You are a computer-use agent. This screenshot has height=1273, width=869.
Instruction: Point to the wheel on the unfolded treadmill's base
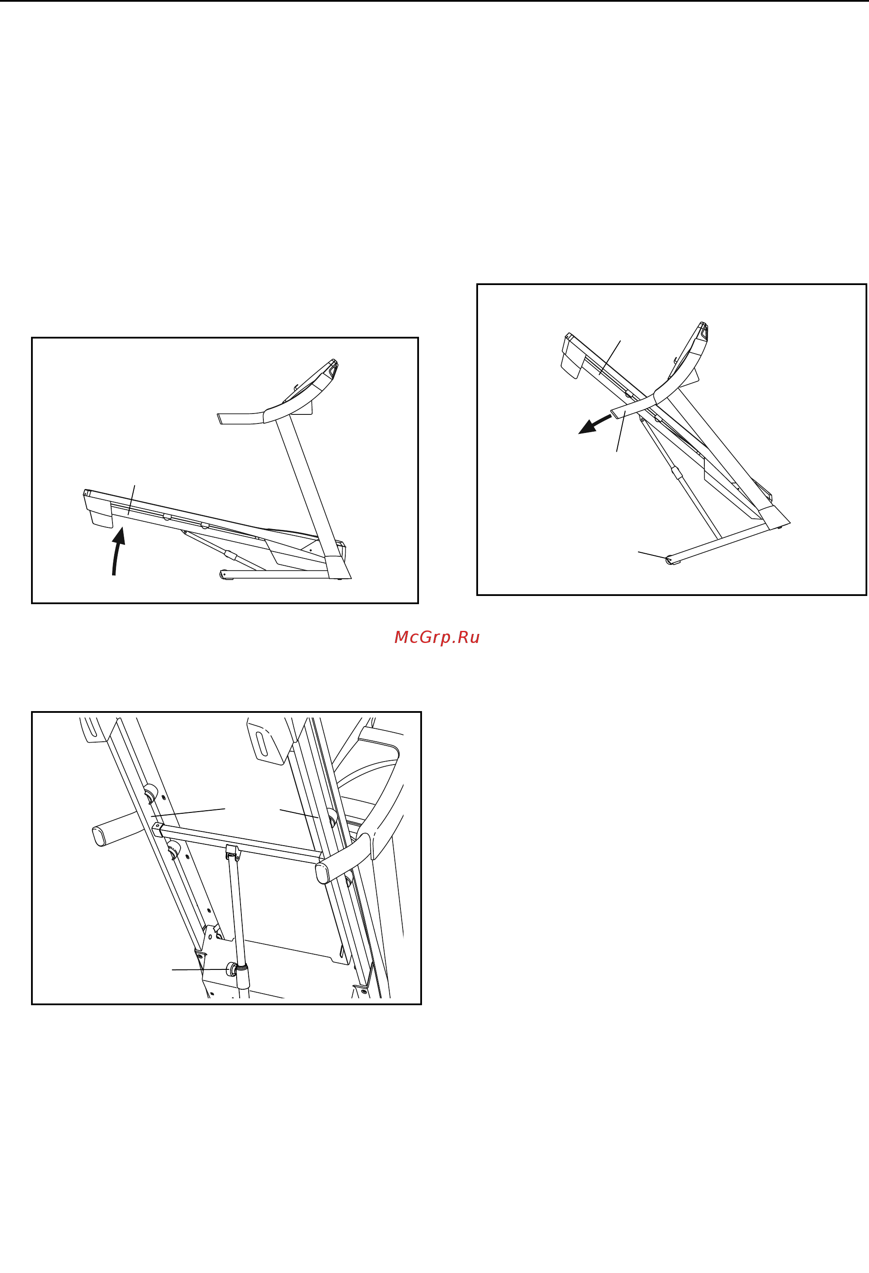coord(223,574)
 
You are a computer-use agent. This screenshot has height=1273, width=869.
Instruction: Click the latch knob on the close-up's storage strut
coord(232,969)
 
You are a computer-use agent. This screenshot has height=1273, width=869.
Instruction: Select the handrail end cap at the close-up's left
coord(99,837)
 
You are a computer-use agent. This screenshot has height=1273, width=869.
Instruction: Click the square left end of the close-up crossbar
coord(157,830)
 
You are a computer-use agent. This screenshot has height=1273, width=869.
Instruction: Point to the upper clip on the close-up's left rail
coord(150,793)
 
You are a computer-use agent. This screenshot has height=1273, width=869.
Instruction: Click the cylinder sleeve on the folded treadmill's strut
coord(677,473)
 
